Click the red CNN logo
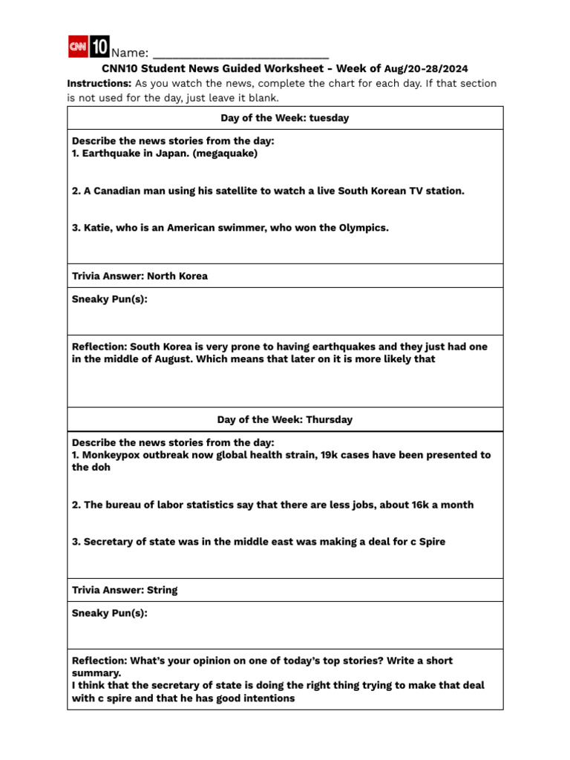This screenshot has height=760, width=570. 78,47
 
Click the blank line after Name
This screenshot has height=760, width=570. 240,53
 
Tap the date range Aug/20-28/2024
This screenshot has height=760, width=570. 426,69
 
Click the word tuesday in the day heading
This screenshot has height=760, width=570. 329,118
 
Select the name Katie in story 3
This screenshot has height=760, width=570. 97,228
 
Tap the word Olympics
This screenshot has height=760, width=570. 362,228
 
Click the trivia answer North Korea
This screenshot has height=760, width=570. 177,276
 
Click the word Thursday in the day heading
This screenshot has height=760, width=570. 329,419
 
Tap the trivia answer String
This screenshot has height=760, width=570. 163,590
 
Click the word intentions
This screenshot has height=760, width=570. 266,698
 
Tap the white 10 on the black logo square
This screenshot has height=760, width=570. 99,47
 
